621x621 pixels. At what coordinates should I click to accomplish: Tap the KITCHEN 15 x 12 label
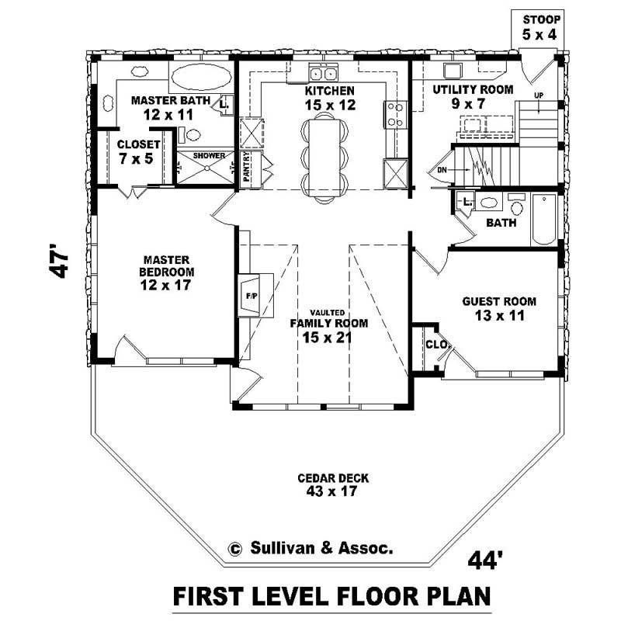(x=330, y=98)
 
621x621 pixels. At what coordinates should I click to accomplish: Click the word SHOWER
(x=209, y=156)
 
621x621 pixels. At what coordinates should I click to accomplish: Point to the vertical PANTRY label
(x=247, y=167)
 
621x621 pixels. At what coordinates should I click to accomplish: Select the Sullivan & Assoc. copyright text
(x=310, y=547)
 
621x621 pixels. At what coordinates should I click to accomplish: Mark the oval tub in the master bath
(x=199, y=78)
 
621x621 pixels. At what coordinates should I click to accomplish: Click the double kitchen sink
(x=322, y=74)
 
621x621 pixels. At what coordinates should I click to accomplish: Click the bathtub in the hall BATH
(x=544, y=220)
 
